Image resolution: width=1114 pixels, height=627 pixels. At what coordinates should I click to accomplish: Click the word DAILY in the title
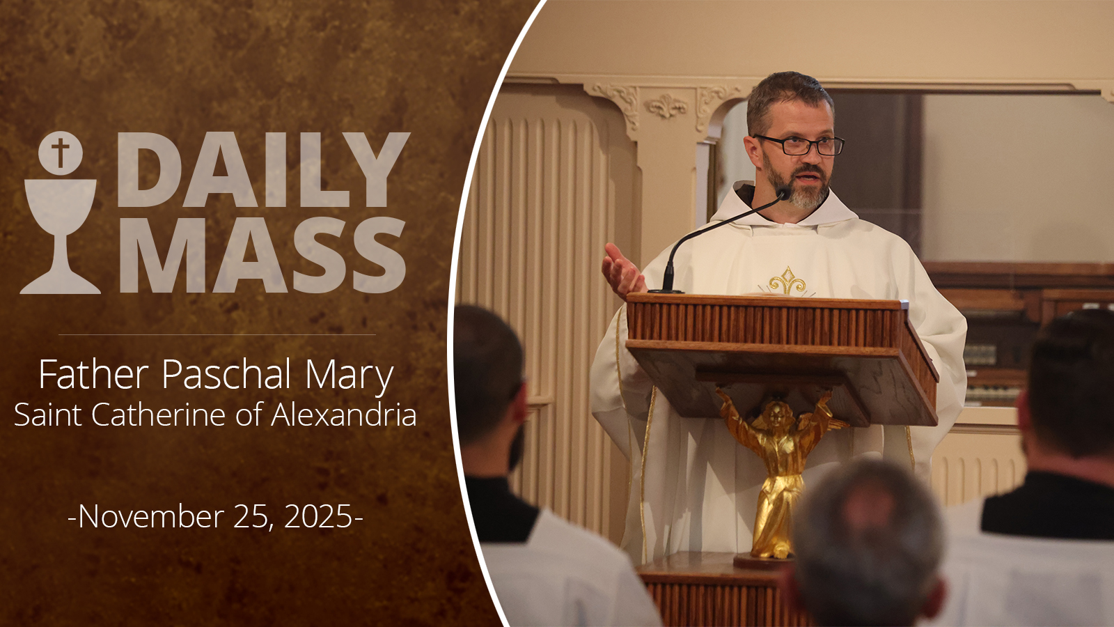[x=264, y=170]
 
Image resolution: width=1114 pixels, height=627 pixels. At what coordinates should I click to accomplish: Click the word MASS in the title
[x=262, y=255]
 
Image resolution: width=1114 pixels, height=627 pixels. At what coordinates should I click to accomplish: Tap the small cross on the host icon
[x=60, y=153]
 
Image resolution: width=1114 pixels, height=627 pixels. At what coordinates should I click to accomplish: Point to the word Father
[x=94, y=373]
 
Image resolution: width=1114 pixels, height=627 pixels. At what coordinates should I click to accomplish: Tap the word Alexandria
[x=344, y=414]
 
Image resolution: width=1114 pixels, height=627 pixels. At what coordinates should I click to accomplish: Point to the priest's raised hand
[x=622, y=272]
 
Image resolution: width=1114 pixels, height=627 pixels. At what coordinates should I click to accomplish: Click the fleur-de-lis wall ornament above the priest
[x=666, y=106]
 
